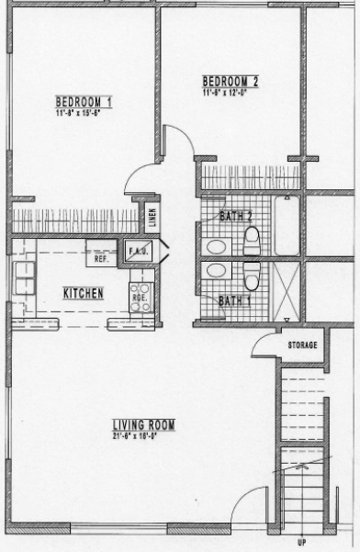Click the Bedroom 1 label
coord(84,101)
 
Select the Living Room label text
coord(143,424)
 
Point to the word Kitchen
coord(83,294)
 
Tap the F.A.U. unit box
coord(141,251)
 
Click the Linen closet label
coord(152,219)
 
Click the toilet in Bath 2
coord(252,241)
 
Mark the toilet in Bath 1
coord(251,273)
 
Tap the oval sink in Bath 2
coord(217,246)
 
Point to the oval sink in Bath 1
coord(217,271)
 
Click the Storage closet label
coord(302,345)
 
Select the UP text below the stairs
coord(300,543)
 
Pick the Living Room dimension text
coord(143,434)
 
